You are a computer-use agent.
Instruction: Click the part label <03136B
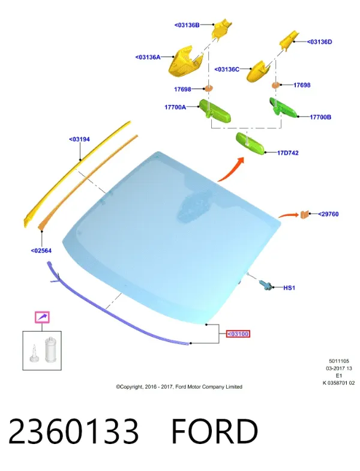point(187,25)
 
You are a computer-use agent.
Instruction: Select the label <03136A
point(148,57)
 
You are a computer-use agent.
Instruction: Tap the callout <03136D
point(319,42)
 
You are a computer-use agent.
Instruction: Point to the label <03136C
point(227,70)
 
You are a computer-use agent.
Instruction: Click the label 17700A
point(175,107)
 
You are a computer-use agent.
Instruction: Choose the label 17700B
point(320,117)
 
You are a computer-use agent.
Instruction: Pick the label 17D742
point(288,153)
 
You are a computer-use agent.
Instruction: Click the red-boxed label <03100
point(238,334)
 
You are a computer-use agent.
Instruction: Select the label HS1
point(289,288)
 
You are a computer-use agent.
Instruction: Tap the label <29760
point(328,214)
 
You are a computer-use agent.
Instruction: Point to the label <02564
point(41,251)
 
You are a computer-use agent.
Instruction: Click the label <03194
point(79,139)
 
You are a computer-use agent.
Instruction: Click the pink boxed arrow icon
point(43,317)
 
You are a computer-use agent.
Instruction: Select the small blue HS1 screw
point(266,285)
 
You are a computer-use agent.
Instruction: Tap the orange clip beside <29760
point(305,214)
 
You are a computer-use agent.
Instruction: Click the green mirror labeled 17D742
point(250,143)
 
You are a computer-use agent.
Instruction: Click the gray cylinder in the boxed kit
point(50,350)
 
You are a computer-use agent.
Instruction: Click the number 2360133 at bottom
point(74,431)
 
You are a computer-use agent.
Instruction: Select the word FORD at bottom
point(215,431)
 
